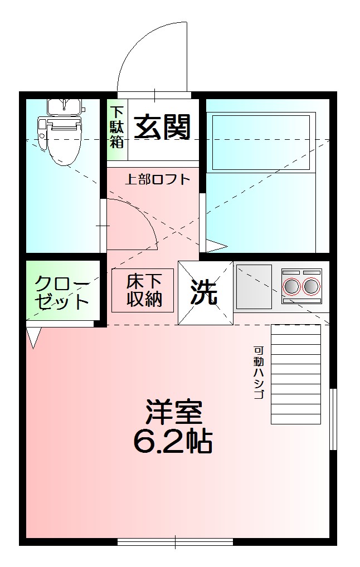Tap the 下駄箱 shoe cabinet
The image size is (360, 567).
point(116,127)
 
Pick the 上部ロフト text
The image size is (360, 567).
point(157,180)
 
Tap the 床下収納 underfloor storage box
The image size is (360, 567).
point(143,290)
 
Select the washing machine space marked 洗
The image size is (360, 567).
point(205,292)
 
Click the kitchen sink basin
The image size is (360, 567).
point(254,286)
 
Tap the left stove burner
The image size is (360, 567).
point(291,286)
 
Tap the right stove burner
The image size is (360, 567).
point(311,286)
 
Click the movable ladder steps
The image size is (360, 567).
point(295,373)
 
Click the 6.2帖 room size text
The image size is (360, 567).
point(172,442)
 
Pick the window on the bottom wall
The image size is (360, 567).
point(175,541)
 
